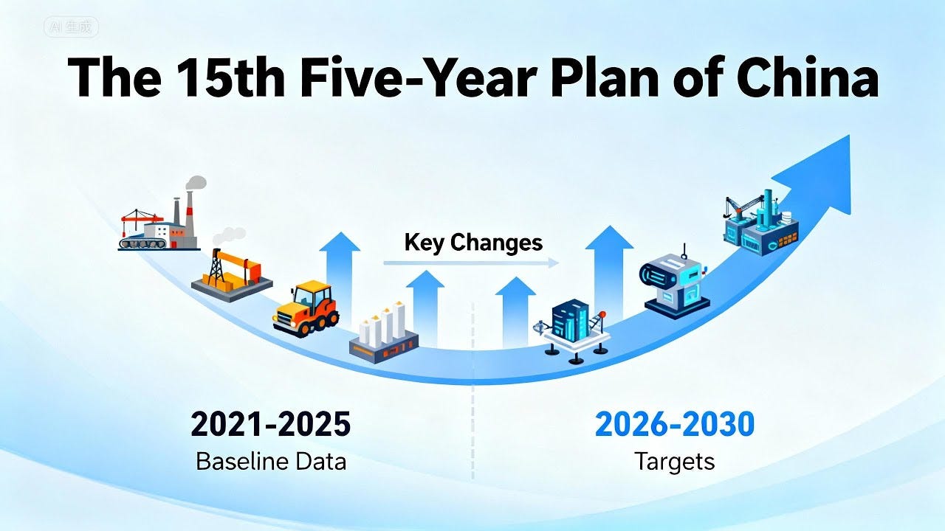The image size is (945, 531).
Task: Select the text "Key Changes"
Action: click(473, 242)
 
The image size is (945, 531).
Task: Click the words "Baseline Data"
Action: click(270, 462)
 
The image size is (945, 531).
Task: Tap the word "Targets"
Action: click(674, 462)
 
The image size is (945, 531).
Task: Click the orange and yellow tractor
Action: click(306, 307)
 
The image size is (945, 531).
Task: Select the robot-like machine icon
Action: click(673, 285)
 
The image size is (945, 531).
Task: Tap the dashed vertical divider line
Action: click(472, 391)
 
